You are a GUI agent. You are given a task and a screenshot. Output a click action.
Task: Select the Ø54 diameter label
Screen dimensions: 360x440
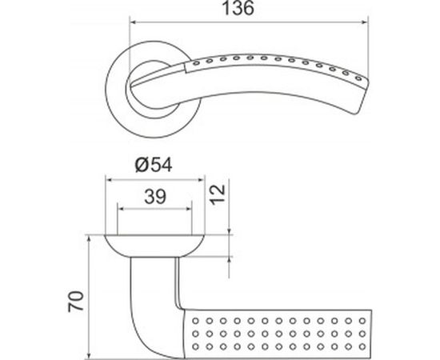coord(154,165)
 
